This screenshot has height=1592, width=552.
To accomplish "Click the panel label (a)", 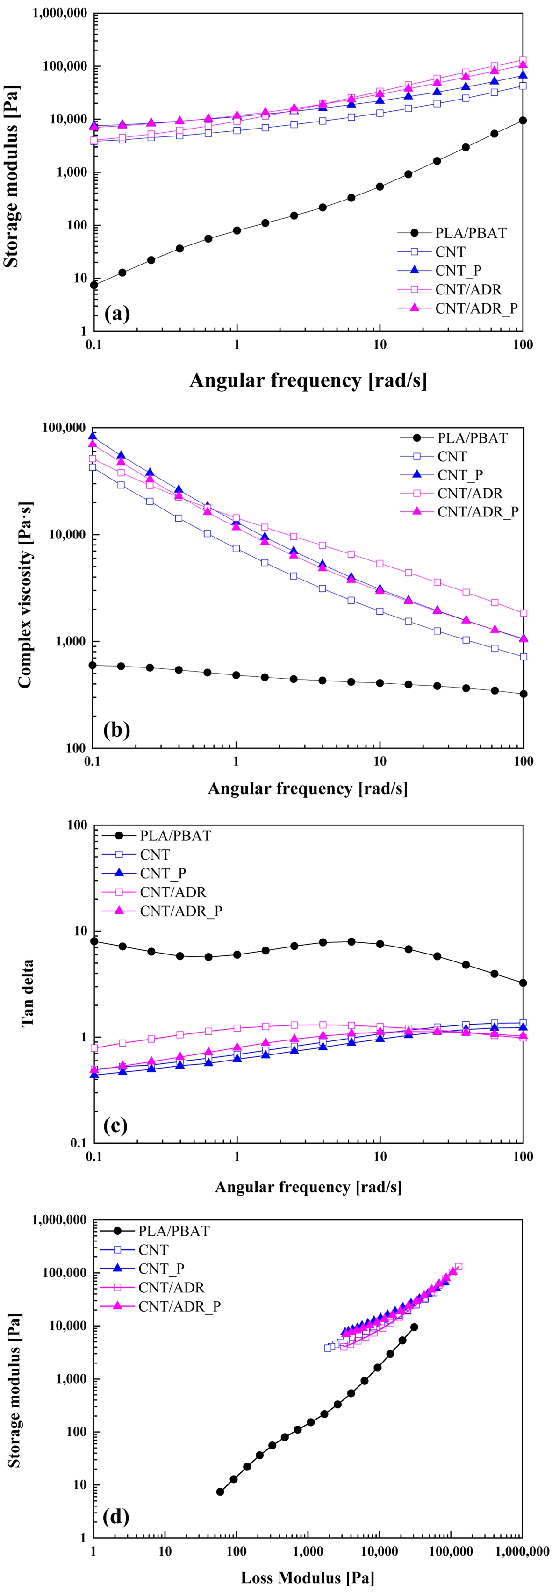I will coord(117,314).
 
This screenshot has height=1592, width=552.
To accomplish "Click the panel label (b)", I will coord(117,730).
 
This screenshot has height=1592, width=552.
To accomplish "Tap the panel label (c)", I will coord(115,1126).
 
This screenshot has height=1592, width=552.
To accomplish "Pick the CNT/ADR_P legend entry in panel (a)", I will coord(476,308).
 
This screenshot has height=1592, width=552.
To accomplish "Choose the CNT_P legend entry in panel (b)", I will coord(460,474).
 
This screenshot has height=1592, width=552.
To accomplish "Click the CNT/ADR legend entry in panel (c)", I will coord(173,892).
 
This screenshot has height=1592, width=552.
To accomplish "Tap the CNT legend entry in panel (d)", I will coord(153,1249).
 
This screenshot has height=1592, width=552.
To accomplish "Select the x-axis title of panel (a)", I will coord(307,380).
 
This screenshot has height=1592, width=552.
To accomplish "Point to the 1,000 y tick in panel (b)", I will coord(69,641).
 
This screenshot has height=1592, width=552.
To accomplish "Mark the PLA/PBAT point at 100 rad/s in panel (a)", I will coord(523,121).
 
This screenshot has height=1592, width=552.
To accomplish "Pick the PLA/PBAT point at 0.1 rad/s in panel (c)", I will coord(94,941).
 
